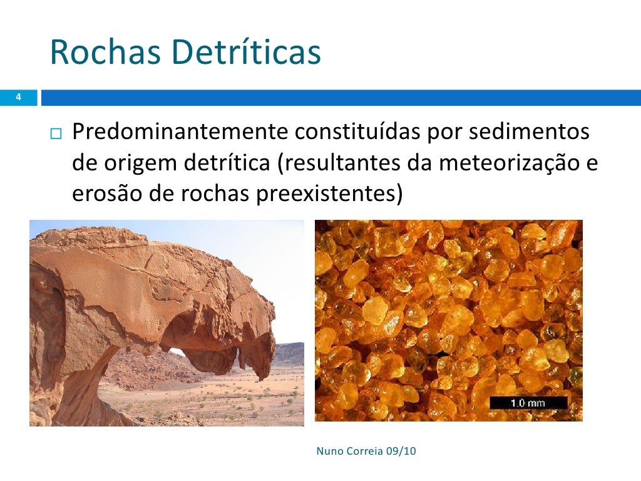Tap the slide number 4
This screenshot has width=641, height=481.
click(18, 98)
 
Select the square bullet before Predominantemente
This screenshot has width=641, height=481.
click(58, 134)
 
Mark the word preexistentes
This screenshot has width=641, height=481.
click(326, 194)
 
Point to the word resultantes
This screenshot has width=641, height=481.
click(344, 163)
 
